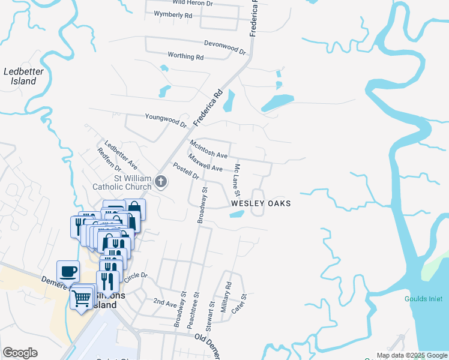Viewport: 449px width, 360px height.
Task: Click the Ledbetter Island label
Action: (20, 76)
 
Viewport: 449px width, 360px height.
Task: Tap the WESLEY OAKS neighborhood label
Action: (261, 204)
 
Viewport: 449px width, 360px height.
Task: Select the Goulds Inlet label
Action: (423, 299)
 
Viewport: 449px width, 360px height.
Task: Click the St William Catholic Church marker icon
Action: (160, 181)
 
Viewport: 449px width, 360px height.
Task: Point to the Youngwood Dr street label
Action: (166, 119)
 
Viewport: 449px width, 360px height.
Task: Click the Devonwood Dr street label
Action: (225, 47)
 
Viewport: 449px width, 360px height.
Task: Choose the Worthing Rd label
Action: (186, 56)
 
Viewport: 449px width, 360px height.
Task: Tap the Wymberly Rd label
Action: (173, 13)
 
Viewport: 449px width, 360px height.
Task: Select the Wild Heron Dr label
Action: (193, 3)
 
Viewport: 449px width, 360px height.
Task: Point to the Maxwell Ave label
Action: (205, 162)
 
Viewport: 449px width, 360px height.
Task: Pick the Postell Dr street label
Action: (185, 171)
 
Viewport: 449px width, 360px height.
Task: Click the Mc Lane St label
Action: (237, 180)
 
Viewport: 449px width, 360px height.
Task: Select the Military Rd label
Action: (226, 297)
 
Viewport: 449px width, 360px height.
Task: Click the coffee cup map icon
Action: (68, 271)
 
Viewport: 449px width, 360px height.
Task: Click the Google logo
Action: (20, 353)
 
